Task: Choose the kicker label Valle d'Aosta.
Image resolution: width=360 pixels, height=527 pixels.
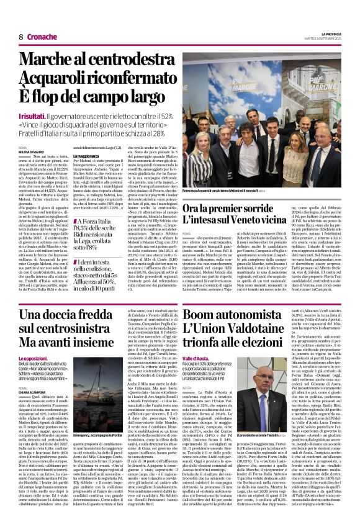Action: (x=199, y=359)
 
